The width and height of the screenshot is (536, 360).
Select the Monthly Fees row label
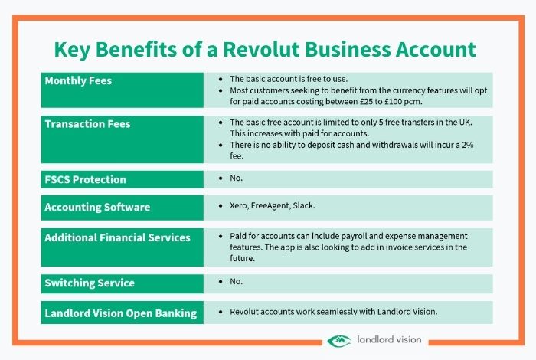click(78, 80)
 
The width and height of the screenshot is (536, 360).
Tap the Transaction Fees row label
click(87, 124)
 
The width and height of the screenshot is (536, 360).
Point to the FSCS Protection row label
click(86, 179)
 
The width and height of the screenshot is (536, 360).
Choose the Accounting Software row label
click(97, 207)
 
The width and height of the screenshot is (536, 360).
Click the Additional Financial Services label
click(118, 237)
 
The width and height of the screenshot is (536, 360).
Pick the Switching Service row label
click(90, 283)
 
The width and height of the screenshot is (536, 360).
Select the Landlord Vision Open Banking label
click(121, 313)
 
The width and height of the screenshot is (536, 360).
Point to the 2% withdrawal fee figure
click(468, 145)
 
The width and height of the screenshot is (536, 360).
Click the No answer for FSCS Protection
click(236, 178)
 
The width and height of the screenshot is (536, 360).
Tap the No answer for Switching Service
click(236, 281)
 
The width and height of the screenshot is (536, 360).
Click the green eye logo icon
click(338, 341)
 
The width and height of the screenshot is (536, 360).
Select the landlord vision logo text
click(389, 339)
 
